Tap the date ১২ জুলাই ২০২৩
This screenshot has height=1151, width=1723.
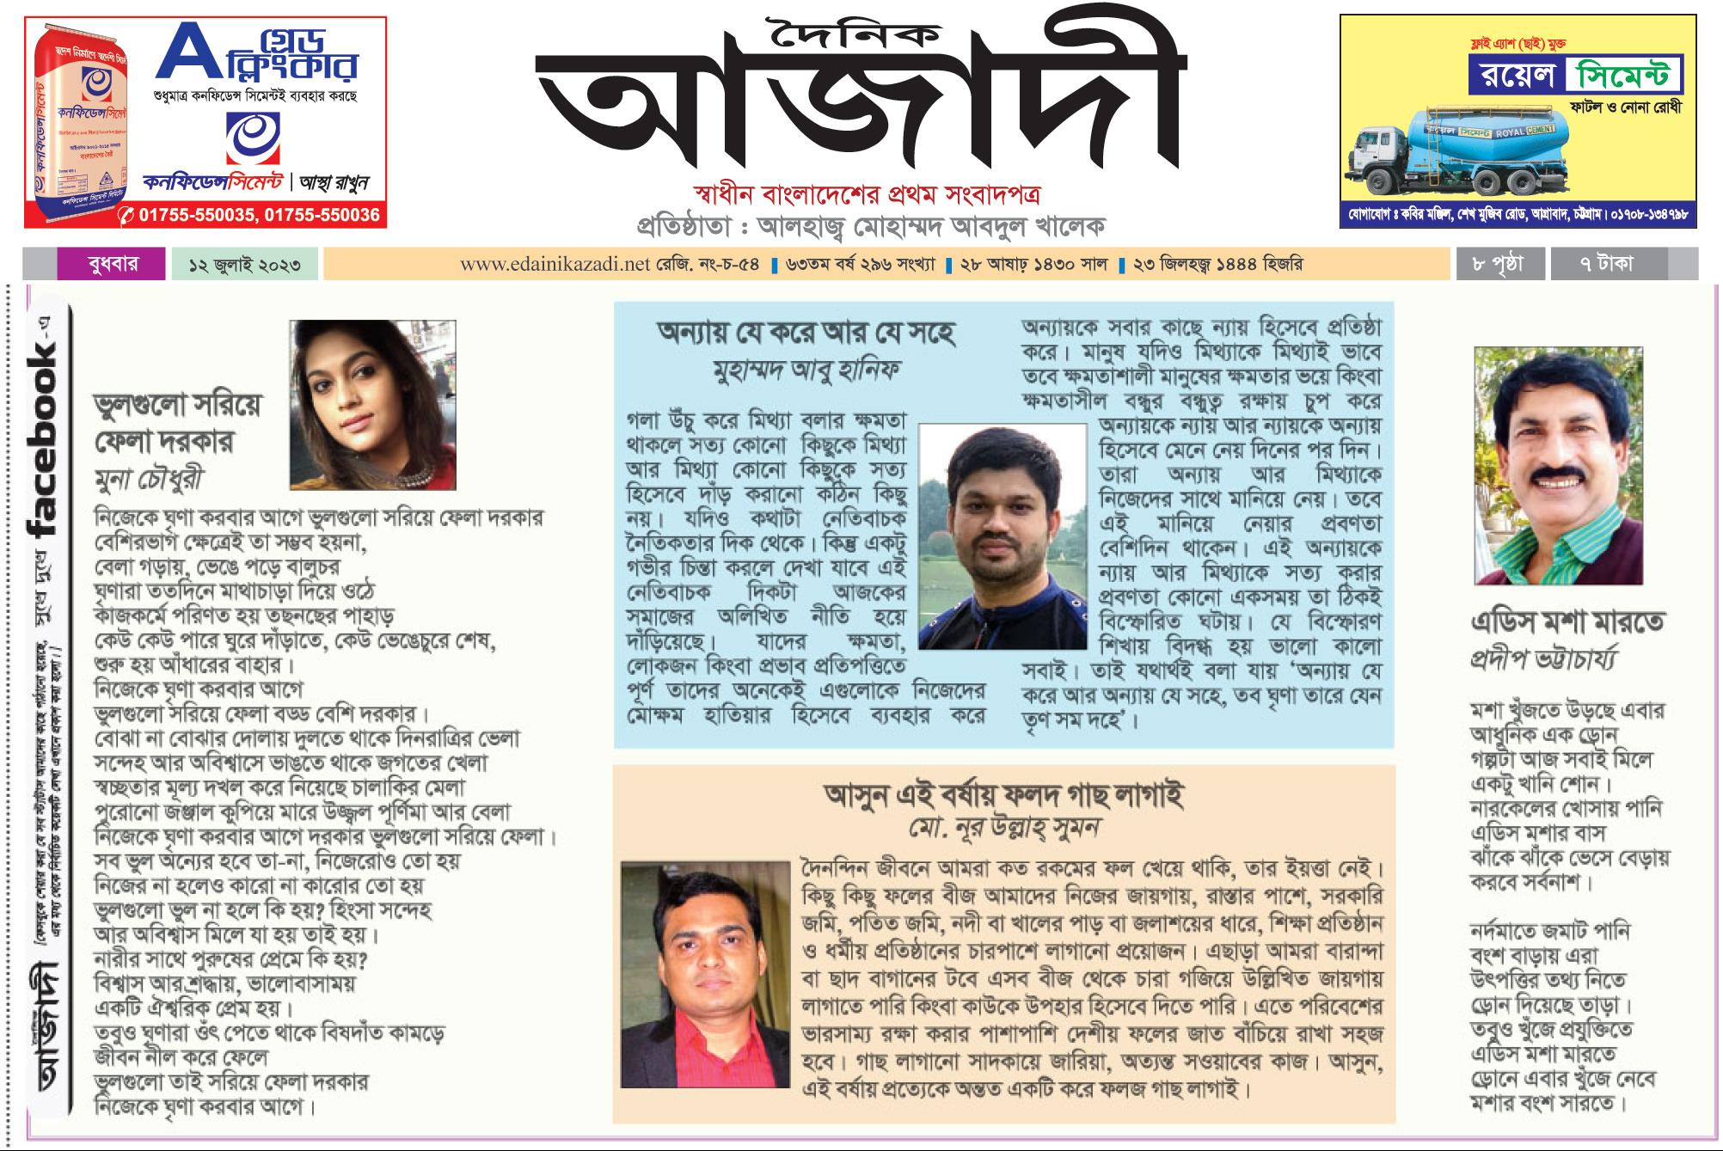pos(244,264)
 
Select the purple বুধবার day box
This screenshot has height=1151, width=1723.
pos(110,264)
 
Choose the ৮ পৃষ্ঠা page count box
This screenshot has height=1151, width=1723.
pos(1497,264)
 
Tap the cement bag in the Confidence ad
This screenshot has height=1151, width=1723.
pos(72,125)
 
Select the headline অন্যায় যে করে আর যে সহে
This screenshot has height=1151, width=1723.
pos(806,334)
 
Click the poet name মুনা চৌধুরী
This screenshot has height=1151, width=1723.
pos(150,478)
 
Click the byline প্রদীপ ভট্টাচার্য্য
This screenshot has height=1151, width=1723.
pos(1544,659)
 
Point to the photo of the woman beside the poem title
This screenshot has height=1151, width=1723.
pos(371,404)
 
